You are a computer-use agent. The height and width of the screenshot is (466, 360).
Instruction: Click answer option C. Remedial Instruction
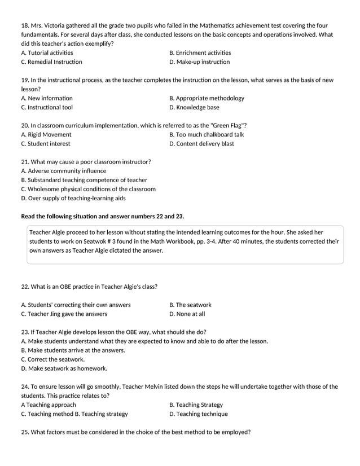click(x=51, y=62)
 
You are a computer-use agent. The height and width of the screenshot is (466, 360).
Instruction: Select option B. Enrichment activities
click(x=200, y=53)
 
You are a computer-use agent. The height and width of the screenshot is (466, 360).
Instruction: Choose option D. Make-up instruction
click(x=199, y=62)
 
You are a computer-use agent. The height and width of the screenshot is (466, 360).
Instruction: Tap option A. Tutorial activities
click(x=47, y=53)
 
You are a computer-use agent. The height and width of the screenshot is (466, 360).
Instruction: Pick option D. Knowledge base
click(x=194, y=107)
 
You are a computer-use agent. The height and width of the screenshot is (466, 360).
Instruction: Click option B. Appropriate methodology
click(x=207, y=98)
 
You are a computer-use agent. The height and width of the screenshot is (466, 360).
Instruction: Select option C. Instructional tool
click(x=47, y=107)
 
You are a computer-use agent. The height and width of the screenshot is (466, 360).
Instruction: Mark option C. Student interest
click(x=46, y=143)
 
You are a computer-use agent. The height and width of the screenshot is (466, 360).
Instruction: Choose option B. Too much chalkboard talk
click(x=207, y=134)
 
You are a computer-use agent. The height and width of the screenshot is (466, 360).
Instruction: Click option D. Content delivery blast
click(x=201, y=143)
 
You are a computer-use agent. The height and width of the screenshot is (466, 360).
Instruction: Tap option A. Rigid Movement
click(x=46, y=134)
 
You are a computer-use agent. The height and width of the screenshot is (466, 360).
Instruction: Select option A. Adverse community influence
click(x=63, y=171)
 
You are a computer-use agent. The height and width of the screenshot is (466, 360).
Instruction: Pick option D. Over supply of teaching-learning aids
click(x=73, y=198)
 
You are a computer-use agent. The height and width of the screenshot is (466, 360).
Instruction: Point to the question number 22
click(x=25, y=287)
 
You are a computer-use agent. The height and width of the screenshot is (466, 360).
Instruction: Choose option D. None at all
click(x=187, y=314)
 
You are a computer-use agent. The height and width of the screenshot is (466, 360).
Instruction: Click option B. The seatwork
click(x=190, y=305)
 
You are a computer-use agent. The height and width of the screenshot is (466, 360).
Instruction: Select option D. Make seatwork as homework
click(x=64, y=368)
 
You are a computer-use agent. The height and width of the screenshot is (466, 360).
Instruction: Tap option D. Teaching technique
click(x=199, y=414)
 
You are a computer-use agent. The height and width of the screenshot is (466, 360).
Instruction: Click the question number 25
click(x=25, y=432)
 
